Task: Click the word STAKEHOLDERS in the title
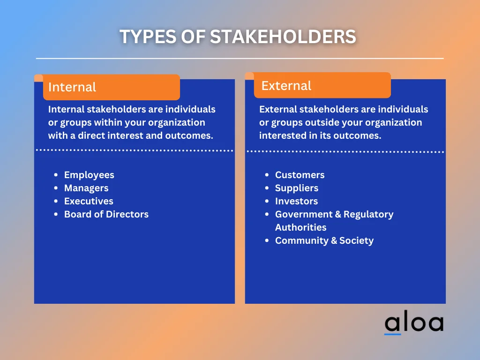click(x=283, y=37)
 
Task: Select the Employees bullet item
click(x=89, y=175)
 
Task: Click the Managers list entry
click(x=86, y=188)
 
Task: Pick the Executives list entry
click(x=89, y=201)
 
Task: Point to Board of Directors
click(x=106, y=214)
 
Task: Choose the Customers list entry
click(x=300, y=175)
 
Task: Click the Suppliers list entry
click(x=296, y=188)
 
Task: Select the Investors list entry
click(x=296, y=201)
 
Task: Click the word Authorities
click(x=300, y=227)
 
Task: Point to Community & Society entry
click(x=324, y=240)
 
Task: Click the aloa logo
click(x=413, y=323)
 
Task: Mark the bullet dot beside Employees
click(x=56, y=175)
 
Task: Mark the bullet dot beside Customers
click(x=267, y=175)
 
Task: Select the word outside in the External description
click(x=321, y=122)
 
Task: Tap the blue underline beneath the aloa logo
click(x=393, y=334)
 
